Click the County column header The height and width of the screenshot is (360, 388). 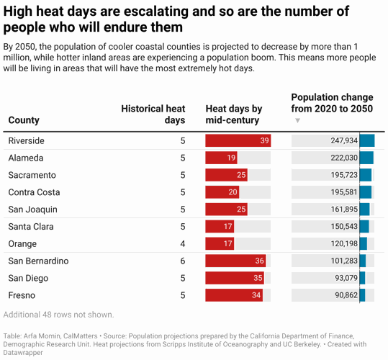click(24, 120)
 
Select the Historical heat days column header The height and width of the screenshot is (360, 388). click(153, 114)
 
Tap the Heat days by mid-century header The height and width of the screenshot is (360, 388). click(234, 114)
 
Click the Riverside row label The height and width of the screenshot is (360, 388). click(26, 140)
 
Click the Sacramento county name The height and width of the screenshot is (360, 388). click(32, 175)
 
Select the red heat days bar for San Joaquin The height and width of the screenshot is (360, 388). click(227, 210)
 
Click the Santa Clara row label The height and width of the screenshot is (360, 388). click(30, 227)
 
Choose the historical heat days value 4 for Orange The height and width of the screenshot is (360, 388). click(183, 244)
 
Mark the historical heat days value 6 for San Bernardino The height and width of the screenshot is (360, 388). click(183, 261)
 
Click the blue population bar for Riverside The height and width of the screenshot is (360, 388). click(367, 140)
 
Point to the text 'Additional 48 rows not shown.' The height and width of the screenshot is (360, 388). click(58, 315)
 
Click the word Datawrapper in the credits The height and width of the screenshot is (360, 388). click(24, 353)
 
